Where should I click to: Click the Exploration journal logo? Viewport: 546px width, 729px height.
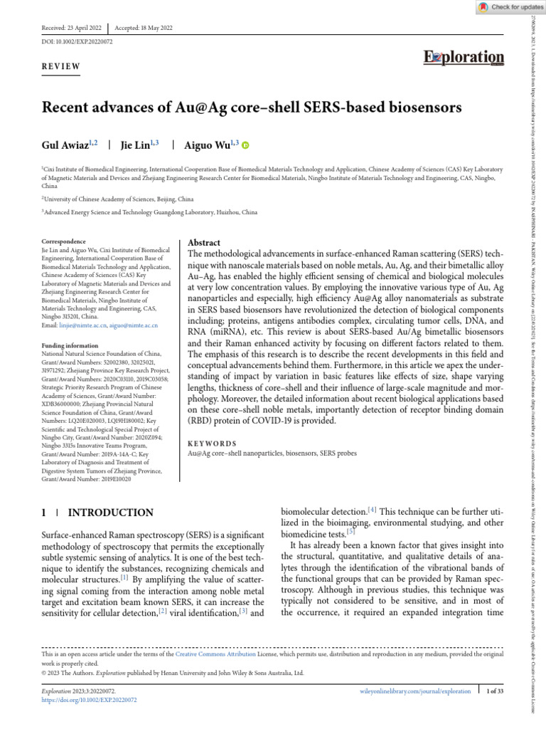click(464, 58)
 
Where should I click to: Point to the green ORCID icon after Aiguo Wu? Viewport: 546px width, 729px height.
click(246, 145)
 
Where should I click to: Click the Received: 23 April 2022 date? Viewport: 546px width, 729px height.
click(71, 28)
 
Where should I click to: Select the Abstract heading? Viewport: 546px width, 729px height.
click(203, 243)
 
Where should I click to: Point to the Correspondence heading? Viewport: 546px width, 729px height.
click(64, 242)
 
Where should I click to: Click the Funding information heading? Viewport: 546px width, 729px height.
click(72, 345)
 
